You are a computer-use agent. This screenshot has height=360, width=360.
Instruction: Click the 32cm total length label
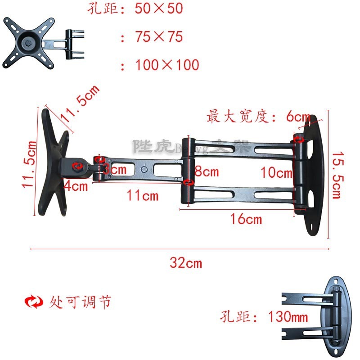(185, 263)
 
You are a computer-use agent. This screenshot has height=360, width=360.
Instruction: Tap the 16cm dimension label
(246, 220)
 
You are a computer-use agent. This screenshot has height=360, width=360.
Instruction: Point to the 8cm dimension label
(207, 171)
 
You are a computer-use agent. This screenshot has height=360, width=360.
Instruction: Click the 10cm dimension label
(276, 171)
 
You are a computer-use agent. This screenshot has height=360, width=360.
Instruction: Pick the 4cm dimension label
(75, 185)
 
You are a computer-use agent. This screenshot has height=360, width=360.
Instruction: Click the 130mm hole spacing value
(288, 317)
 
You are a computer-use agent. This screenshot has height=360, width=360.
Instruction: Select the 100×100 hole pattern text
(167, 65)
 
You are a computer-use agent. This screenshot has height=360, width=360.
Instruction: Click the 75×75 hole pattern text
(159, 37)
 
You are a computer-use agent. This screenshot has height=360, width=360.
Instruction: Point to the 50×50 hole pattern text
(159, 9)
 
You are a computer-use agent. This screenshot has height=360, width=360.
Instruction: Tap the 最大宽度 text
(239, 117)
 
